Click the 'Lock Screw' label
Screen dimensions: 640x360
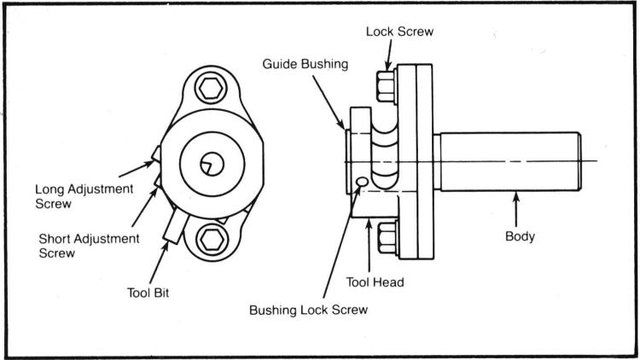pos(399,32)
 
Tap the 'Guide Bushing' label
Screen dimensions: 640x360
pos(305,64)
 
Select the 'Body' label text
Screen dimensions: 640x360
pos(520,236)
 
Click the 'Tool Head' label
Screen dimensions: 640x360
pos(375,282)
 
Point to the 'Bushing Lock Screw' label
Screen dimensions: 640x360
pos(309,310)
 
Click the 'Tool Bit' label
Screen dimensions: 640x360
pos(148,293)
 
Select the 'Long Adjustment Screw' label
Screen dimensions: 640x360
pos(84,196)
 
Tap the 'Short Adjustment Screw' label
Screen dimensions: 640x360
pos(89,246)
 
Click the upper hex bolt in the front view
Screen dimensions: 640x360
pos(211,88)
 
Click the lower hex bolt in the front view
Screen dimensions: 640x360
pos(211,239)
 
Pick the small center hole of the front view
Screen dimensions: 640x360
pos(212,164)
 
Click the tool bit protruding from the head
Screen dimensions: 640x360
pos(176,226)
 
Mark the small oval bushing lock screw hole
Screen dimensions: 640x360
pos(362,181)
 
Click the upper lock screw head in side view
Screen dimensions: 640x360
pos(386,86)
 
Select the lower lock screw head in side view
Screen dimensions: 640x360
pos(387,238)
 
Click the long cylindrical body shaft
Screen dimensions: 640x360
pos(510,161)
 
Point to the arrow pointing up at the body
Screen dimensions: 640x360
pos(516,209)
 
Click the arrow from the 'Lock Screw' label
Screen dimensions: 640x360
pos(388,55)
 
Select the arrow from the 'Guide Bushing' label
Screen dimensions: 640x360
pos(329,102)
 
